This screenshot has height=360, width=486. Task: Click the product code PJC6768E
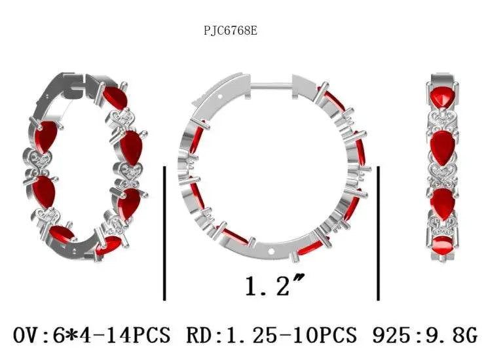click(231, 31)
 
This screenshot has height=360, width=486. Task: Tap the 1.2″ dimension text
click(274, 285)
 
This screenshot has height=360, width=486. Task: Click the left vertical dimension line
click(164, 233)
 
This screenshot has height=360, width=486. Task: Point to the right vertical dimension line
click(378, 233)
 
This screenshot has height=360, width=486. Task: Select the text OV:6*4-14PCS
click(92, 334)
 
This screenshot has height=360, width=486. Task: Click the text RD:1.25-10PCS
click(272, 334)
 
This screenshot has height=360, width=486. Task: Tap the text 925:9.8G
click(424, 334)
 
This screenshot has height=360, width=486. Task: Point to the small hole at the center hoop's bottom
click(272, 251)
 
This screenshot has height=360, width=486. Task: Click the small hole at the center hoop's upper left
click(220, 96)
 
